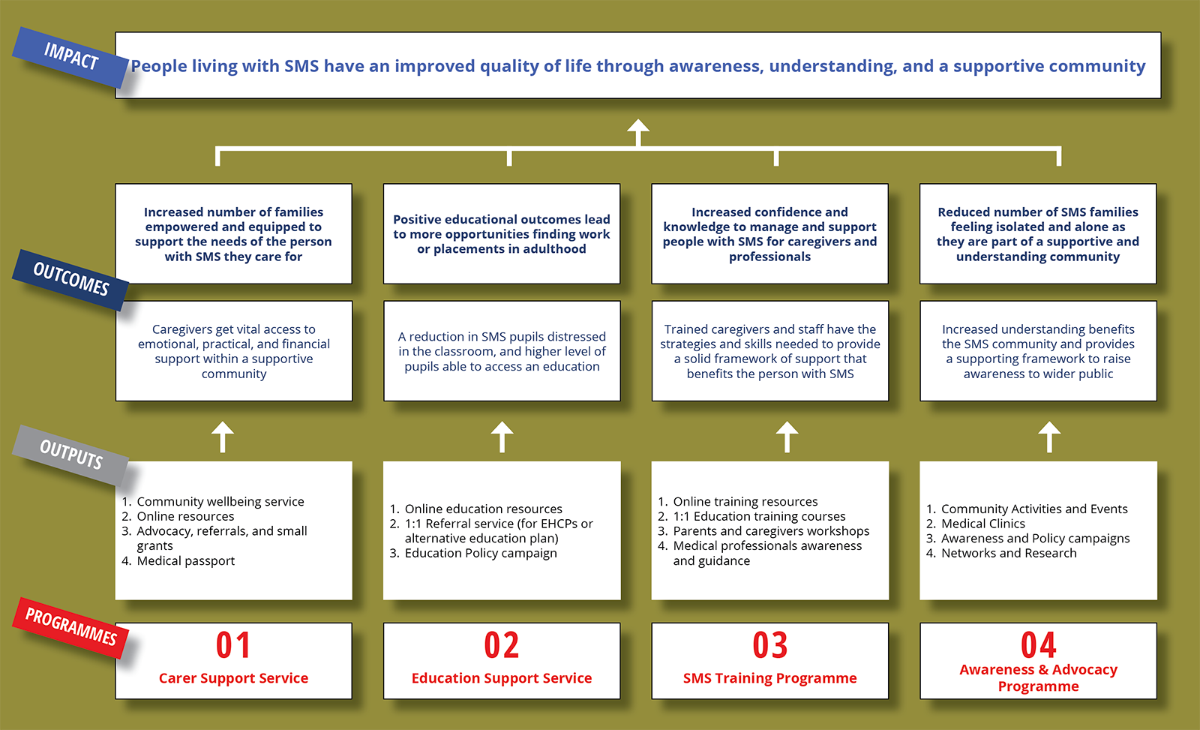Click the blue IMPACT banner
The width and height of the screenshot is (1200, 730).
point(70,57)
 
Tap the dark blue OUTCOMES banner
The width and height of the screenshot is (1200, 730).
point(70,279)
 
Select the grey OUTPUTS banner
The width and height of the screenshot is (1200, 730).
point(70,455)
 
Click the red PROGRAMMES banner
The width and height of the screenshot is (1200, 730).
point(70,627)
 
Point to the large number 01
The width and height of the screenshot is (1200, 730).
point(233,644)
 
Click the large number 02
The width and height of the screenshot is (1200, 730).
point(502,644)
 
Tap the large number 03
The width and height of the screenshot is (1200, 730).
point(769,644)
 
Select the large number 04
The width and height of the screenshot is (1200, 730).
point(1038,644)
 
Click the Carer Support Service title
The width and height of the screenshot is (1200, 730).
point(233,678)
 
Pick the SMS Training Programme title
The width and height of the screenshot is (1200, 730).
point(769,678)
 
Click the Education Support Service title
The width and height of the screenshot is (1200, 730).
point(502,678)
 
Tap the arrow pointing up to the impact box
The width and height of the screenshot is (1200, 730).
point(638,132)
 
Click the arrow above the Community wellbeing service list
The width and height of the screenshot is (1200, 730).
point(222,437)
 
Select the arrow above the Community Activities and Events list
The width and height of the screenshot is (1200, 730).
point(1049,437)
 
